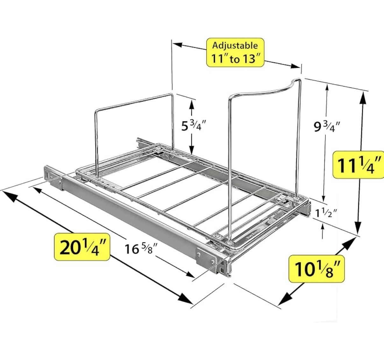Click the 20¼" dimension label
pyautogui.click(x=82, y=247)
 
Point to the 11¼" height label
pyautogui.click(x=358, y=165)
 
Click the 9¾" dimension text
pyautogui.click(x=327, y=127)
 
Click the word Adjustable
pyautogui.click(x=235, y=45)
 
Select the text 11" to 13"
pyautogui.click(x=235, y=58)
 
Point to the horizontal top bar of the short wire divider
pyautogui.click(x=133, y=102)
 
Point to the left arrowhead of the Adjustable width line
pyautogui.click(x=177, y=45)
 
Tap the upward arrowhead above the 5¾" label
pyautogui.click(x=191, y=105)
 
